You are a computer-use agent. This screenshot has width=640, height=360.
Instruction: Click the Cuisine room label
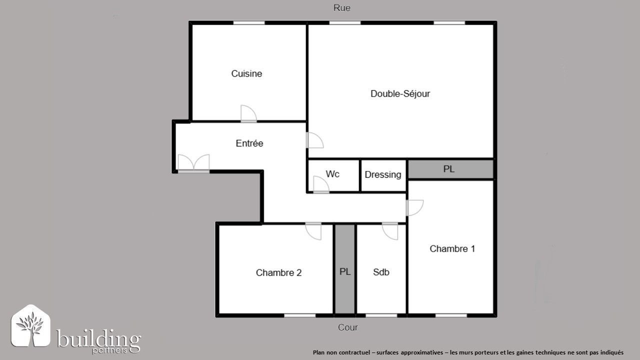coord(246,74)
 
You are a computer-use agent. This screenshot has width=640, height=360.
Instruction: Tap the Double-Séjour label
coord(400,94)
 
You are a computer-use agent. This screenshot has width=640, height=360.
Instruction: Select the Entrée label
coord(249,143)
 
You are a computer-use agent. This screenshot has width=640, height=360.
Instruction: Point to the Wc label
coord(332,174)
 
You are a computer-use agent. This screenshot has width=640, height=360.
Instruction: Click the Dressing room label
coord(383,174)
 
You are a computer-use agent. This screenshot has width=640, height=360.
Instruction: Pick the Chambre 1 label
coord(452,249)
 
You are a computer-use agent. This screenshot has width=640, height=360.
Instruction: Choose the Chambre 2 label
coord(278,273)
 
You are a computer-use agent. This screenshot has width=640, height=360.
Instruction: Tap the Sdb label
coord(381,272)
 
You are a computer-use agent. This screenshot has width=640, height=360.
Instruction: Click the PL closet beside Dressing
coord(449,169)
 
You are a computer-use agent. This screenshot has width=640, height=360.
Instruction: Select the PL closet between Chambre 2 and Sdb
coord(344,272)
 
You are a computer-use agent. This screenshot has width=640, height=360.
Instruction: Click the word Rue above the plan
coord(342,8)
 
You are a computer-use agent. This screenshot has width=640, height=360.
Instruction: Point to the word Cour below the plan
coord(348,328)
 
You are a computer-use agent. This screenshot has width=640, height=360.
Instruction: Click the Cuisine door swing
coord(248,114)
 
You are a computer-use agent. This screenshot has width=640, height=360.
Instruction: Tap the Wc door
coord(320,185)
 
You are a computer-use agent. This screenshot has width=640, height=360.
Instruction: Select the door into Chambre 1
coord(414,207)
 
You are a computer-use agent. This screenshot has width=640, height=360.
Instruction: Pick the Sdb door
coord(389,230)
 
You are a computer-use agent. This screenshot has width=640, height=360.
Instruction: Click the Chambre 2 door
coord(314,230)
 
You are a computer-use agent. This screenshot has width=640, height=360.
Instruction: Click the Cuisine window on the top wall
coord(249,22)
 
